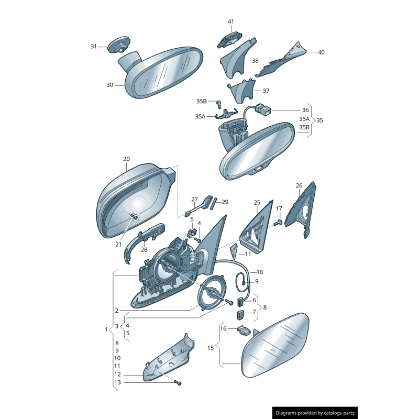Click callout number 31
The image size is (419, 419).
[94, 47]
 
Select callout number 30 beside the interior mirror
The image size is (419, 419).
[109, 85]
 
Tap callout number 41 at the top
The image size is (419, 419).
[231, 21]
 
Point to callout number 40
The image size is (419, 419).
[321, 52]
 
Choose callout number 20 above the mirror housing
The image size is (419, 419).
[126, 159]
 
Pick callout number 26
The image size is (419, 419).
[299, 185]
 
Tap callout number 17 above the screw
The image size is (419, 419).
[279, 208]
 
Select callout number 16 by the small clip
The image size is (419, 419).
[223, 328]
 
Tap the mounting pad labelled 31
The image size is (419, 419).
[119, 45]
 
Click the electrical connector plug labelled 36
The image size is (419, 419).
[263, 111]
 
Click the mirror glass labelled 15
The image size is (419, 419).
[275, 346]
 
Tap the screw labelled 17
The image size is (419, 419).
[278, 223]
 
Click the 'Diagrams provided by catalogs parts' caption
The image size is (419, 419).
[315, 413]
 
